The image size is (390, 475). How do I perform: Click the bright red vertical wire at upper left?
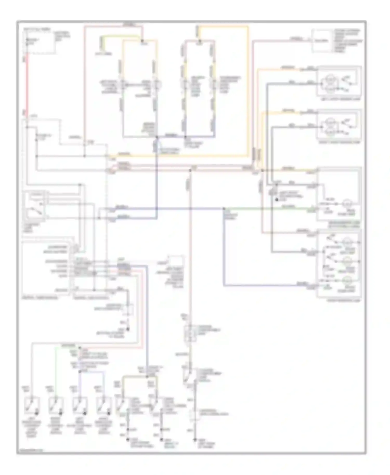click(27, 83)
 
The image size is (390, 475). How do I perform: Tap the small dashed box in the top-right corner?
click(322, 41)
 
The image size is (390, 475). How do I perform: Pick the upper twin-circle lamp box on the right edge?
click(339, 81)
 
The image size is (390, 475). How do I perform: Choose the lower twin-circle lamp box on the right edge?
click(339, 124)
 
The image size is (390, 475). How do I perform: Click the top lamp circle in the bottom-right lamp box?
click(346, 242)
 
